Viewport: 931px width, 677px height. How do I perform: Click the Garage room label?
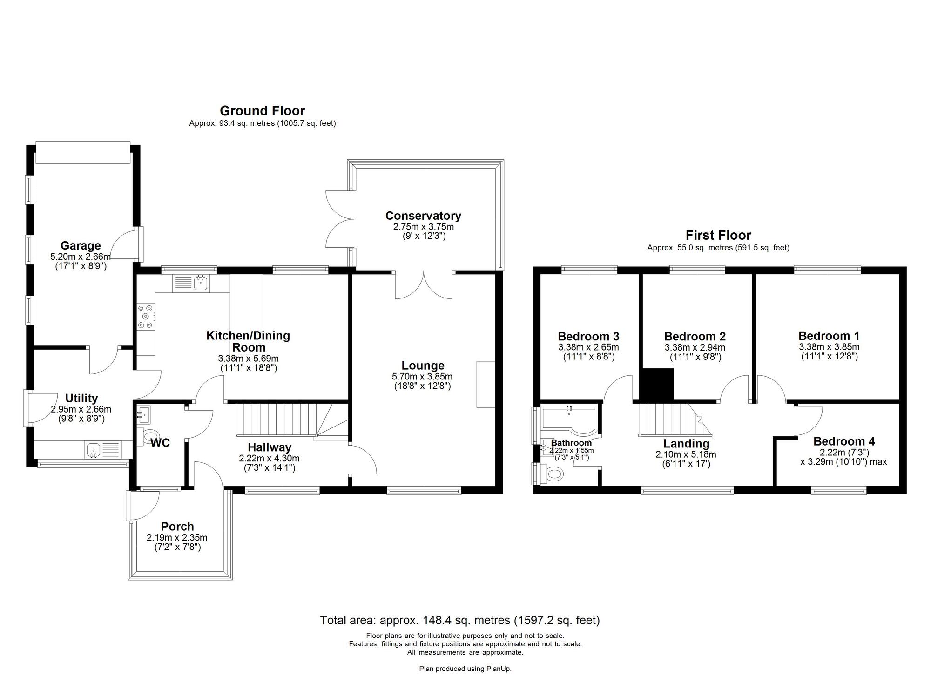click(x=81, y=245)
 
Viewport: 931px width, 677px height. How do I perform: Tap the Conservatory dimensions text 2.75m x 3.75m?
click(x=423, y=227)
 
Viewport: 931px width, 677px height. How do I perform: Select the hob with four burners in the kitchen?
click(x=145, y=317)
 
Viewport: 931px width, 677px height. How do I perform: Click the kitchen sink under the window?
click(x=201, y=283)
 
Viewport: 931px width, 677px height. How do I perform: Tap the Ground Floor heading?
click(x=262, y=111)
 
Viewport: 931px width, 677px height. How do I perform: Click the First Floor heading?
click(x=718, y=235)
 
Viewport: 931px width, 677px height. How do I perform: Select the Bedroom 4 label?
click(x=843, y=441)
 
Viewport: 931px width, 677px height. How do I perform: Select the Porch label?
click(x=177, y=526)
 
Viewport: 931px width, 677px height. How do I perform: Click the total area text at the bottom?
click(x=459, y=620)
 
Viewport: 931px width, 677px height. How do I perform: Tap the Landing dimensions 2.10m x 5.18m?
click(x=686, y=454)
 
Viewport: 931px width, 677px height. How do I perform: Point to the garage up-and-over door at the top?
click(x=83, y=153)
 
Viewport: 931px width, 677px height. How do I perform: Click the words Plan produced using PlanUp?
click(x=465, y=669)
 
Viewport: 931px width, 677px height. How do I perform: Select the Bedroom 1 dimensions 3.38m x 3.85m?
click(x=829, y=347)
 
